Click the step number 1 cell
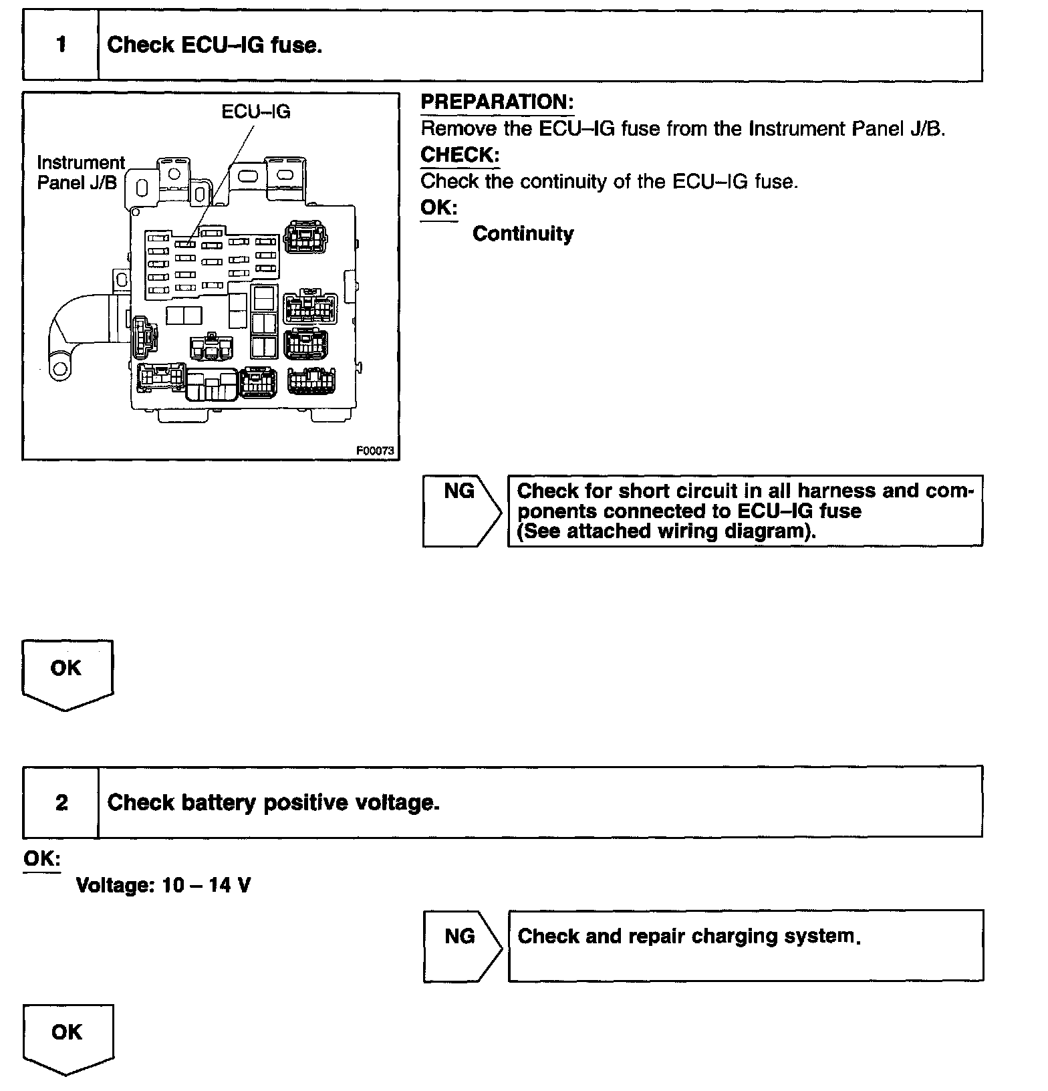point(61,45)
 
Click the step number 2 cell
point(61,802)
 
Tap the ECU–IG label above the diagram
point(256,112)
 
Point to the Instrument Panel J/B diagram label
point(81,172)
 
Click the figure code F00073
point(375,451)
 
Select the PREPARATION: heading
point(497,102)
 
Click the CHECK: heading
point(460,155)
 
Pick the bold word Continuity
point(523,234)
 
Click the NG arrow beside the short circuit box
point(461,511)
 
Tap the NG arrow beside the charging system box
point(461,945)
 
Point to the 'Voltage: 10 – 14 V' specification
point(164,885)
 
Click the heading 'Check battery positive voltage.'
point(273,802)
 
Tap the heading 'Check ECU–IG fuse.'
point(215,45)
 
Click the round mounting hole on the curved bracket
point(61,368)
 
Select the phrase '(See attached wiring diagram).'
point(667,531)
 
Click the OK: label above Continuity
point(438,208)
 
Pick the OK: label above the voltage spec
point(41,858)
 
